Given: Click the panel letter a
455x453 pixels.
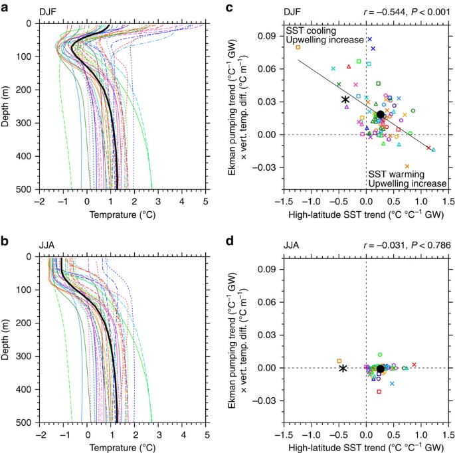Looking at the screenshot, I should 5,8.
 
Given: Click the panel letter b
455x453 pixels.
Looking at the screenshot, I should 5,240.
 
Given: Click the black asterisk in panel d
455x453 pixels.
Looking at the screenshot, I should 343,368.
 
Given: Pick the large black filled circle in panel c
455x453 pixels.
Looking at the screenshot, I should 380,115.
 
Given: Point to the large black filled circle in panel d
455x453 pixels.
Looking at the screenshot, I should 380,369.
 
